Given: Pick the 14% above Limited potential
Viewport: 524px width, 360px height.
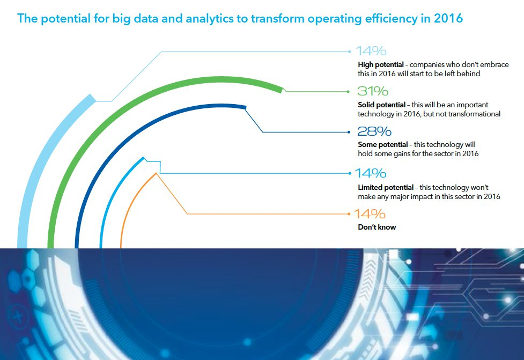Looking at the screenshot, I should point(371,174).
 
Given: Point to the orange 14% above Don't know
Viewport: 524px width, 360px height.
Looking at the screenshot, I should point(370,214).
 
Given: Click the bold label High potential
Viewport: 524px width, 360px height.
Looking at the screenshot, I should point(381,64).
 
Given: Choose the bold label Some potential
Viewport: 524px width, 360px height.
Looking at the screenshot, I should point(381,145).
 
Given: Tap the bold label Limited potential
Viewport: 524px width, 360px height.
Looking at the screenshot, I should point(386,187).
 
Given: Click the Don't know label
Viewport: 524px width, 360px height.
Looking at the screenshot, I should point(377,227).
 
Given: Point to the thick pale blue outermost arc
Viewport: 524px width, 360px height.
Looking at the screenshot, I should point(43,161).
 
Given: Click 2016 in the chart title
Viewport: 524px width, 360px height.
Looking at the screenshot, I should point(448,19).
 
